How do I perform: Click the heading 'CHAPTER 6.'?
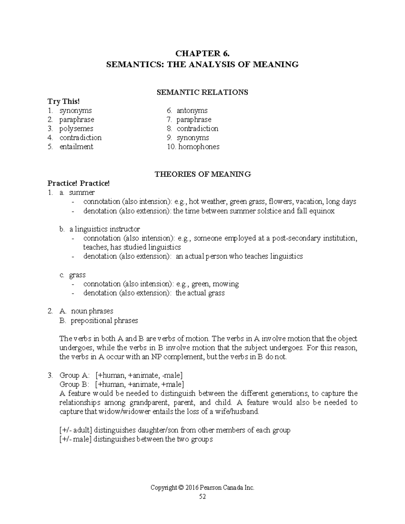[202, 54]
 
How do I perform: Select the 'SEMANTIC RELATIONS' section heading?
[202, 92]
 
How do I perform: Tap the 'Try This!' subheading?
[64, 101]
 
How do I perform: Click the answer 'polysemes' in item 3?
[76, 129]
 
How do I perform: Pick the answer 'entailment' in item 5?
[76, 147]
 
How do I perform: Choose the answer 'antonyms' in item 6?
[192, 110]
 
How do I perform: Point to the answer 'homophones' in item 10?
[199, 147]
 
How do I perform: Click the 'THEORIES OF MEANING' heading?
[202, 174]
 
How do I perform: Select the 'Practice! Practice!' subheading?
[79, 183]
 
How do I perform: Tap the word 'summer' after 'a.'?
[82, 192]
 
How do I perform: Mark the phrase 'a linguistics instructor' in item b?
[105, 229]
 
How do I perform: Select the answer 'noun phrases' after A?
[92, 311]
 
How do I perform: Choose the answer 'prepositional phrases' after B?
[104, 320]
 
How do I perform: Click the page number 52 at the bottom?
[202, 496]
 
